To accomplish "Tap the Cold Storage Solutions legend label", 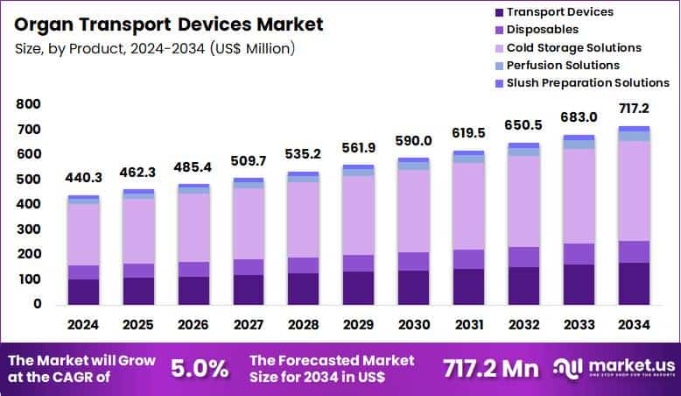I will click(x=573, y=47).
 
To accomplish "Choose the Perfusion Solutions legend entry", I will click(x=563, y=65).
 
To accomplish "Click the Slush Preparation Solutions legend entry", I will click(x=587, y=83).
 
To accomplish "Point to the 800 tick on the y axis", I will click(x=29, y=104).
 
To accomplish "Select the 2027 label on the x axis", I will click(x=249, y=324).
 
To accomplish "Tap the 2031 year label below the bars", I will click(x=468, y=324).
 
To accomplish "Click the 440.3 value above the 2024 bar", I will click(x=83, y=178).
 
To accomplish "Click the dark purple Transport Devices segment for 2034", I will click(x=634, y=283).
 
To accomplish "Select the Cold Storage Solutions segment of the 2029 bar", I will click(x=358, y=215).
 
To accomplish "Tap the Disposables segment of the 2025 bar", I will click(x=138, y=270).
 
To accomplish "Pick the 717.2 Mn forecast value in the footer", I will click(x=489, y=368).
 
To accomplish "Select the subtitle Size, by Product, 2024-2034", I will click(x=155, y=47).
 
